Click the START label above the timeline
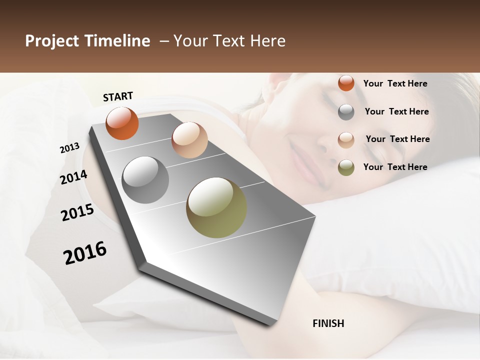point(118,96)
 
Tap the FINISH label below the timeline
point(328,323)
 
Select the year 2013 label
point(69,148)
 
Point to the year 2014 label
point(73,177)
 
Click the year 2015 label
point(77,212)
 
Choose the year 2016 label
point(85,252)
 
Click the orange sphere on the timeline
point(122,123)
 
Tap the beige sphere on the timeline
point(189,140)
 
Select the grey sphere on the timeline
point(145,180)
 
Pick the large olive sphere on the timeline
point(216,207)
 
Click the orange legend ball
point(346,83)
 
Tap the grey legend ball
point(346,112)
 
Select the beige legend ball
point(346,139)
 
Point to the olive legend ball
point(346,167)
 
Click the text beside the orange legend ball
point(395,83)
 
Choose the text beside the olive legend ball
point(395,167)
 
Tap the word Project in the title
point(51,41)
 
